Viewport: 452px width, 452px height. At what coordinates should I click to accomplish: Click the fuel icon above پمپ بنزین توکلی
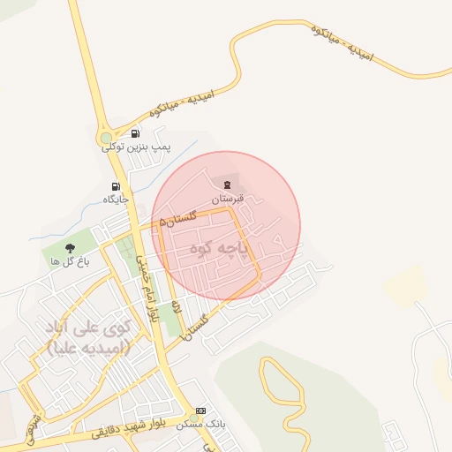tap(134, 133)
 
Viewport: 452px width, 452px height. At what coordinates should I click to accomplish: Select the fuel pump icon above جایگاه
tap(116, 186)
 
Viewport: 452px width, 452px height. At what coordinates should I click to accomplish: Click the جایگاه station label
tap(116, 200)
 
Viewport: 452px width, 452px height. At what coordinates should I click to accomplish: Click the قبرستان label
tap(228, 200)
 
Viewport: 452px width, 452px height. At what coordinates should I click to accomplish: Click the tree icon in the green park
tap(70, 249)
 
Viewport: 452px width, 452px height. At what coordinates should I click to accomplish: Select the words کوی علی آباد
tap(87, 328)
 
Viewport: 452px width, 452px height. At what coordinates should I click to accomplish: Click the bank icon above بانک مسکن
tap(201, 411)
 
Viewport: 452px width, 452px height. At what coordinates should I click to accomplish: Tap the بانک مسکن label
tap(201, 424)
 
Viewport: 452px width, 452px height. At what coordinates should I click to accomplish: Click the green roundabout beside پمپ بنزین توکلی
tap(107, 138)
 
